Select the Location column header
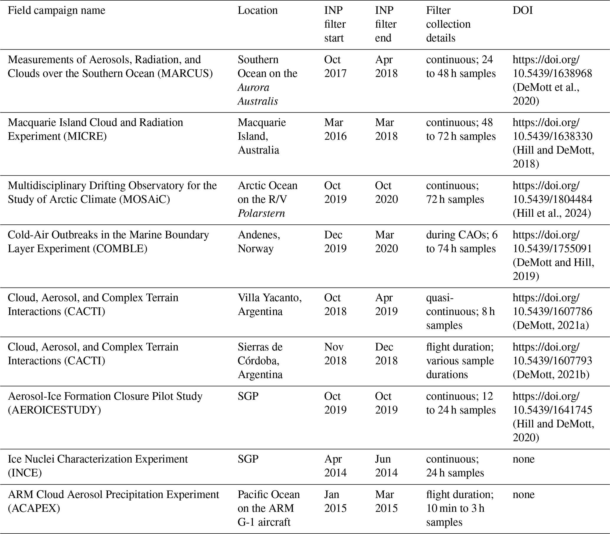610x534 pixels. coord(257,10)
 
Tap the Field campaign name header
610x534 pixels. coord(56,10)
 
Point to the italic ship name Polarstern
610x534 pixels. coord(261,213)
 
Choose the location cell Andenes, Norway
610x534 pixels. coord(259,241)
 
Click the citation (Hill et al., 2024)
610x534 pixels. coord(552,213)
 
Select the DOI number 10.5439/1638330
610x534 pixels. coord(552,136)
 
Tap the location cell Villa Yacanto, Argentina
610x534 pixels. coord(269,304)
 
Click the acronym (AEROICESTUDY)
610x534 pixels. coord(54,410)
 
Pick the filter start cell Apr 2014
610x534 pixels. coord(335,466)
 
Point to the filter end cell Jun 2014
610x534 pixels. coord(386,466)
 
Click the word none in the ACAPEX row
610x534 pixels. coord(523,494)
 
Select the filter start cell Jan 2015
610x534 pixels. coord(335,501)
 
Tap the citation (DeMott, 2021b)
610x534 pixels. coord(551,375)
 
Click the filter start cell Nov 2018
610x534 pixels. coord(335,354)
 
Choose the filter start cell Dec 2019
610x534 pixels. coord(335,241)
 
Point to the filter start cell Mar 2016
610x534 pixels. coord(335,129)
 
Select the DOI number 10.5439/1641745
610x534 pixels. coord(552,410)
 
